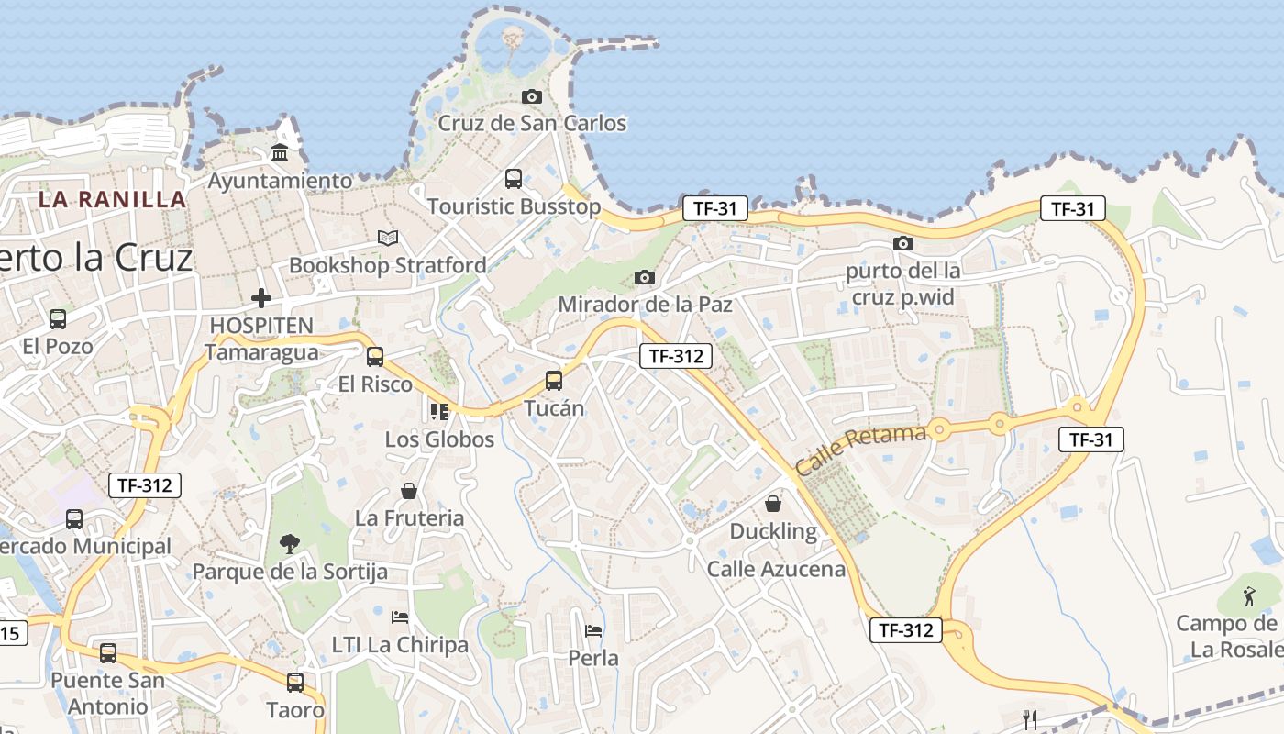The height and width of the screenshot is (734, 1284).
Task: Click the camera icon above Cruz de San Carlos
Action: [531, 96]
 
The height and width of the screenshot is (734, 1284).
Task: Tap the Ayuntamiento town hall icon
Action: [280, 152]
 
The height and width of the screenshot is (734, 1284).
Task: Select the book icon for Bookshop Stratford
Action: [388, 239]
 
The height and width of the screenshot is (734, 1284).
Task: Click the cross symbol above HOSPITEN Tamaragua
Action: [261, 298]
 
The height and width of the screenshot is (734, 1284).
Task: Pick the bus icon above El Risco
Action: [374, 357]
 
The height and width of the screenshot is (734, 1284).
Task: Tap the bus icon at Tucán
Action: [553, 380]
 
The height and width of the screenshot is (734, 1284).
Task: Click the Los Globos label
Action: [439, 439]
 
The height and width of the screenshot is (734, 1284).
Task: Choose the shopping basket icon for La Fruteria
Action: [409, 492]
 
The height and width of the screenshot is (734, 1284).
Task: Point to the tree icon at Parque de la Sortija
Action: [290, 544]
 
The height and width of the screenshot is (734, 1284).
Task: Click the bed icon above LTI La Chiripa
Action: [400, 617]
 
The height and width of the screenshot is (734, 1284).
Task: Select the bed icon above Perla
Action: [593, 631]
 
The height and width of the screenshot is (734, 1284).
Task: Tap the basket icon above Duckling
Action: [773, 504]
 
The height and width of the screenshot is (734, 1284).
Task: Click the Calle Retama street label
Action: [860, 449]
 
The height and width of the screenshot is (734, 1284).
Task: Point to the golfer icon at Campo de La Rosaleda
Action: [1249, 597]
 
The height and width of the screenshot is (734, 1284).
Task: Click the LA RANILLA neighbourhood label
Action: [113, 199]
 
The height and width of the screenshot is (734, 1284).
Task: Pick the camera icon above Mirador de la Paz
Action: [644, 277]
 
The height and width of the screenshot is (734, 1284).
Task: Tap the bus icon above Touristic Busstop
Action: [514, 179]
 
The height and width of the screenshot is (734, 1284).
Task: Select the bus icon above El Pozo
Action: [58, 319]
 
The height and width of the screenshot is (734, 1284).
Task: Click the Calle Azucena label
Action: [776, 569]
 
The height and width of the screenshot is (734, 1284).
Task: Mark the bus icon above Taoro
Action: [295, 683]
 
